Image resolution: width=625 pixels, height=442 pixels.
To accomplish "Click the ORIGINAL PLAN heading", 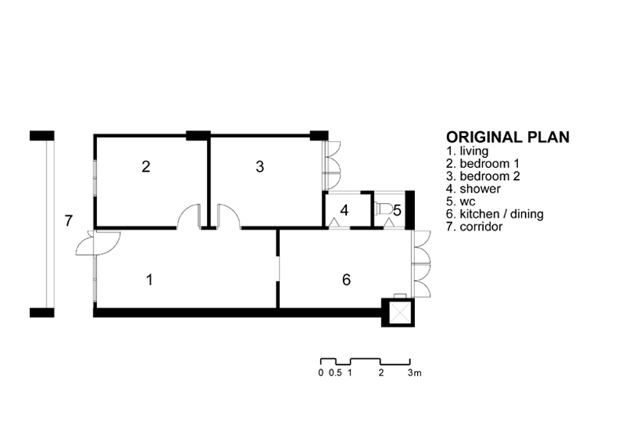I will pyautogui.click(x=507, y=137).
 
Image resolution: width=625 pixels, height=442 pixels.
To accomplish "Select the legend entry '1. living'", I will pyautogui.click(x=470, y=152).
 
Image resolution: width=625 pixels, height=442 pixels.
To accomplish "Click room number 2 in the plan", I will pyautogui.click(x=146, y=166).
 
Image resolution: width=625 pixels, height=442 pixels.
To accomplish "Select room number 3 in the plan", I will pyautogui.click(x=260, y=166).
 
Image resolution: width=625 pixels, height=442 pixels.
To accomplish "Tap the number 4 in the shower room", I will pyautogui.click(x=345, y=210).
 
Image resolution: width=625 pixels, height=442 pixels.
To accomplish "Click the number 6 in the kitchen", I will pyautogui.click(x=346, y=280).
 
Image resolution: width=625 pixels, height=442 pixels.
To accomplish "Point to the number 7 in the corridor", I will pyautogui.click(x=68, y=221).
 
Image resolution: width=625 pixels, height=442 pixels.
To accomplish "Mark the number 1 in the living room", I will pyautogui.click(x=150, y=280).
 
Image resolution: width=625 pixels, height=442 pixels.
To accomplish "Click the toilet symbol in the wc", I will pyautogui.click(x=384, y=208).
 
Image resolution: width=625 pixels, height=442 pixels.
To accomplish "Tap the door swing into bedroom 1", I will pyautogui.click(x=189, y=216).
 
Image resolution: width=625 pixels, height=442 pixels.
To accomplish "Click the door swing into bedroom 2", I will pyautogui.click(x=228, y=216).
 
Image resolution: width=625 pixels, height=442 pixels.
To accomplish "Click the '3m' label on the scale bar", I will pyautogui.click(x=414, y=373).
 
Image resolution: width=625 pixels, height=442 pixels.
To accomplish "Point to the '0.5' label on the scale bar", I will pyautogui.click(x=335, y=373).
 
